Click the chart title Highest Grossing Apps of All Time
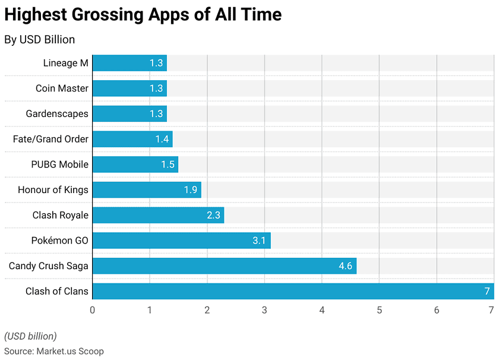click(x=143, y=15)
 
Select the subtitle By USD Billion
click(x=40, y=40)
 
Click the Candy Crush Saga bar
click(x=224, y=266)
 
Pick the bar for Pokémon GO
click(x=181, y=241)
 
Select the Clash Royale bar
click(x=158, y=215)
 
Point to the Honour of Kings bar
click(x=147, y=190)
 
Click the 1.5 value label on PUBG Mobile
click(x=168, y=165)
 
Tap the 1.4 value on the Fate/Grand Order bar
click(x=162, y=139)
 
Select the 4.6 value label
click(x=346, y=266)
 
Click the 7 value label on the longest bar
click(x=487, y=291)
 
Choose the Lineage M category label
click(x=65, y=63)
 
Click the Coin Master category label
click(x=62, y=89)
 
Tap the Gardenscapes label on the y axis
click(x=57, y=113)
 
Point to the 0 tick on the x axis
click(x=92, y=310)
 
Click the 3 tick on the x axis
click(x=264, y=310)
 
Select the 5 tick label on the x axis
click(x=379, y=310)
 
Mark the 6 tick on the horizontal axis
click(x=437, y=310)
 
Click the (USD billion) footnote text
click(x=30, y=336)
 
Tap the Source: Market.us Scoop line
click(x=53, y=351)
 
